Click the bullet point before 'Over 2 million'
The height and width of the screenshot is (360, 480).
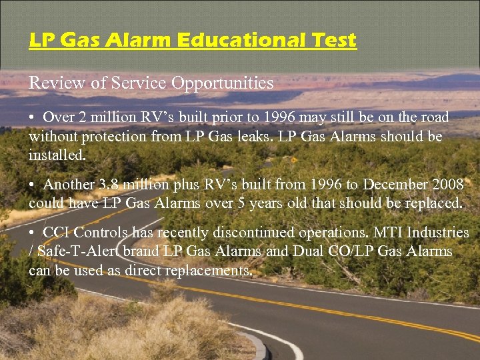pyautogui.click(x=32, y=118)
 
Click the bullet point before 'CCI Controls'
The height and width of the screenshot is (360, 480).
pyautogui.click(x=32, y=233)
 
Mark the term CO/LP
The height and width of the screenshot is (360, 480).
pyautogui.click(x=355, y=251)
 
